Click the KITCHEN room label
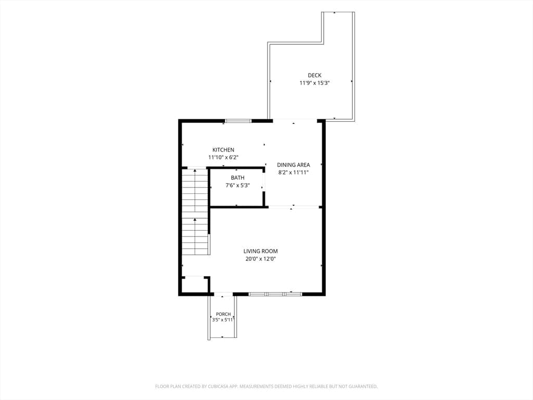(223, 149)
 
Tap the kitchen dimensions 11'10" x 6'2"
(223, 157)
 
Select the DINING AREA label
(294, 165)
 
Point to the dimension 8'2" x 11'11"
(294, 172)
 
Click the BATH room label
(237, 178)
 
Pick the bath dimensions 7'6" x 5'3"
(237, 185)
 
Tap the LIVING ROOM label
(260, 252)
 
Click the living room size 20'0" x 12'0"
(260, 259)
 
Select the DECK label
(314, 75)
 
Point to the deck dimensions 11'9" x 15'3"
(314, 83)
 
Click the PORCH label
(223, 314)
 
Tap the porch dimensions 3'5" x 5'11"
(223, 320)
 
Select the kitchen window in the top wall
(238, 121)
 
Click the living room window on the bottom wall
(275, 294)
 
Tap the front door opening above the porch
(223, 294)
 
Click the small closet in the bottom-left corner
(195, 285)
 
